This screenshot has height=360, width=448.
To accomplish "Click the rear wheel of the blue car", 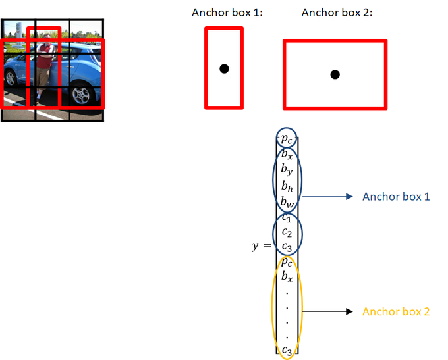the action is [11, 78].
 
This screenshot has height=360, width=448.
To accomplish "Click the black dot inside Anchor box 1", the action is [224, 68].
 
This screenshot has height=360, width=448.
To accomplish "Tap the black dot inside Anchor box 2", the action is [335, 74].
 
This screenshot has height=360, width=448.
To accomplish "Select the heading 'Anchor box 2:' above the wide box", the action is [336, 13].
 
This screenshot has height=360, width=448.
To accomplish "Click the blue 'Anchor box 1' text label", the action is [395, 197].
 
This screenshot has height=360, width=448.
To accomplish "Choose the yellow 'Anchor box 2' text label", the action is [395, 311].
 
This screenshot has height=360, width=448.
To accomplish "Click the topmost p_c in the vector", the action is [286, 139].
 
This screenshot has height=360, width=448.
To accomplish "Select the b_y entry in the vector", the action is [286, 170].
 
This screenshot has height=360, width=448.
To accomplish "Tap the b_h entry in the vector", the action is [286, 186].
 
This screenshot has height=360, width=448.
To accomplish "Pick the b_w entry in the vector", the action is [286, 201].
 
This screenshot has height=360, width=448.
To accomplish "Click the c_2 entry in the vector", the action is [286, 232].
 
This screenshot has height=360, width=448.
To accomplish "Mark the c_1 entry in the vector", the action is [286, 217].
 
